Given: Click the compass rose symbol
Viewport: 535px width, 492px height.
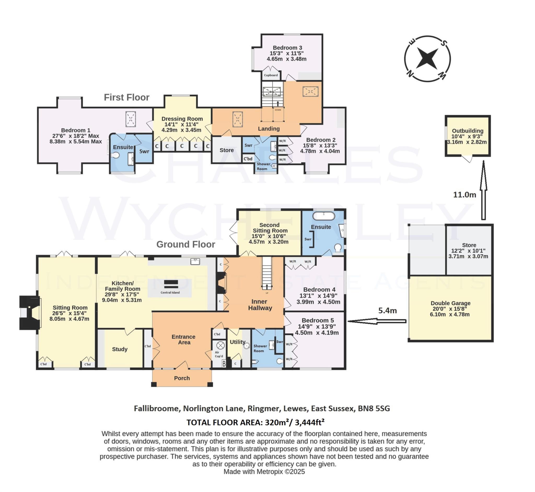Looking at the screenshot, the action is (x=427, y=59).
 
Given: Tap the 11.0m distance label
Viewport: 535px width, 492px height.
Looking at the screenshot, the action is (x=465, y=195).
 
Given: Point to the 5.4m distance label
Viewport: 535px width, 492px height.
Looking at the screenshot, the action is (x=388, y=310).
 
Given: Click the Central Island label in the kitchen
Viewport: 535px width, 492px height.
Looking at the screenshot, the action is (x=170, y=293).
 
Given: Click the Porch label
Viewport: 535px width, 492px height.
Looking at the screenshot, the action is (x=182, y=378).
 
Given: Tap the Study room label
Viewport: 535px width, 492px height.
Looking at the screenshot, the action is (x=120, y=349).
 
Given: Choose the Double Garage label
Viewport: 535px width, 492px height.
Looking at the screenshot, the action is (x=451, y=303).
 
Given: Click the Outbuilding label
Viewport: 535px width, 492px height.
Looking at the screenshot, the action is (x=468, y=131).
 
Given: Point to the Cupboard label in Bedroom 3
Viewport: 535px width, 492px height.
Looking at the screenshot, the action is (x=271, y=75).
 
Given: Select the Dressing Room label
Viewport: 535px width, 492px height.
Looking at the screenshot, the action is (x=182, y=119).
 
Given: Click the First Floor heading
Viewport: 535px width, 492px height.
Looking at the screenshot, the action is (x=126, y=97).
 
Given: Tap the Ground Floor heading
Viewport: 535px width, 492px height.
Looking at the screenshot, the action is (x=186, y=244).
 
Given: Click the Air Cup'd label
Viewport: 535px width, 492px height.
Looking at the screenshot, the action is (x=219, y=354).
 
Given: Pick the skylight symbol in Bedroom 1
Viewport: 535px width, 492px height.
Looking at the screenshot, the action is (x=131, y=119).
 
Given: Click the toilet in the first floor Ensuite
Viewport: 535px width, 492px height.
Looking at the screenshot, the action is (x=116, y=155).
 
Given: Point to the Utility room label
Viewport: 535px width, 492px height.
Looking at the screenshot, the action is (x=237, y=342).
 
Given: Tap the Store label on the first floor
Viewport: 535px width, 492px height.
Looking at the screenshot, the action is (x=227, y=150).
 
